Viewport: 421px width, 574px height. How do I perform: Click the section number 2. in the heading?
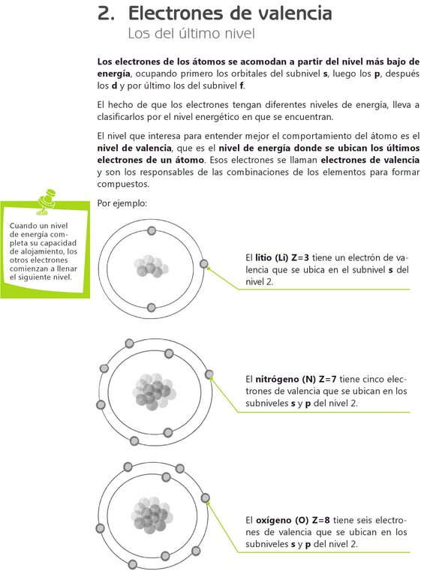tap(106, 14)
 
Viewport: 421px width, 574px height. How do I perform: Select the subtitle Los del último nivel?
tap(191, 33)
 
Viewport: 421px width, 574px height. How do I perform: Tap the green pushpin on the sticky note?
tap(47, 201)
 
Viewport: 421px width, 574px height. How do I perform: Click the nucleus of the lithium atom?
tap(151, 266)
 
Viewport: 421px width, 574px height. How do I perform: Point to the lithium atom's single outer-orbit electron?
tap(204, 263)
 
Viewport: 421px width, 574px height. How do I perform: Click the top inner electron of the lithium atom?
tap(151, 230)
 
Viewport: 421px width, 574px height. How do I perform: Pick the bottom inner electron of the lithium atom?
tap(151, 308)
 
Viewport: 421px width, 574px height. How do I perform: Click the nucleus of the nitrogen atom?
tap(154, 392)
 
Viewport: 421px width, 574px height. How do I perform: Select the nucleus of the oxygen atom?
tap(152, 515)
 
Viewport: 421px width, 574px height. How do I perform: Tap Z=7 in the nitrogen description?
tap(327, 379)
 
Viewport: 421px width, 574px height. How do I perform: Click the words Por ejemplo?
tap(122, 203)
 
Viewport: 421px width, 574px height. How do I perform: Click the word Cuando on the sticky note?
tap(23, 226)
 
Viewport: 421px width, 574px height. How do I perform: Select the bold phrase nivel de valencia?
tap(134, 148)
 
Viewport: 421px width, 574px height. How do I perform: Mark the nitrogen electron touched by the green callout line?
tap(209, 374)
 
